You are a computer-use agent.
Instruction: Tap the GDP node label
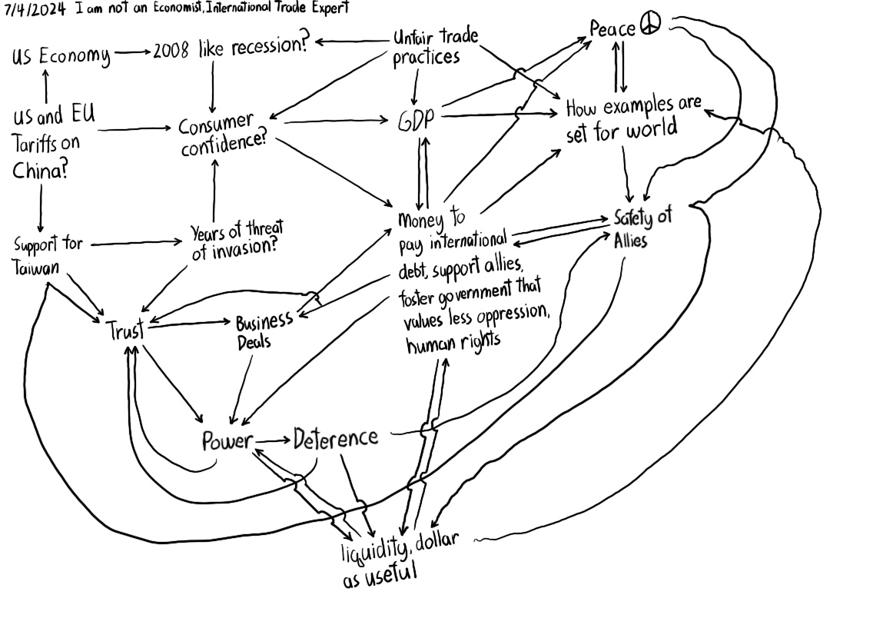(416, 121)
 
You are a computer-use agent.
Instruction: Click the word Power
(227, 441)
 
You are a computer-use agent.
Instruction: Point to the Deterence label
(336, 439)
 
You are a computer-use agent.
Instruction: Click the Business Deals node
(263, 331)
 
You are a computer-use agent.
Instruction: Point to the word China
(39, 170)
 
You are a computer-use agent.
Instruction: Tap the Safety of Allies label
(641, 228)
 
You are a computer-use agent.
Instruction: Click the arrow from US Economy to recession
(132, 53)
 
